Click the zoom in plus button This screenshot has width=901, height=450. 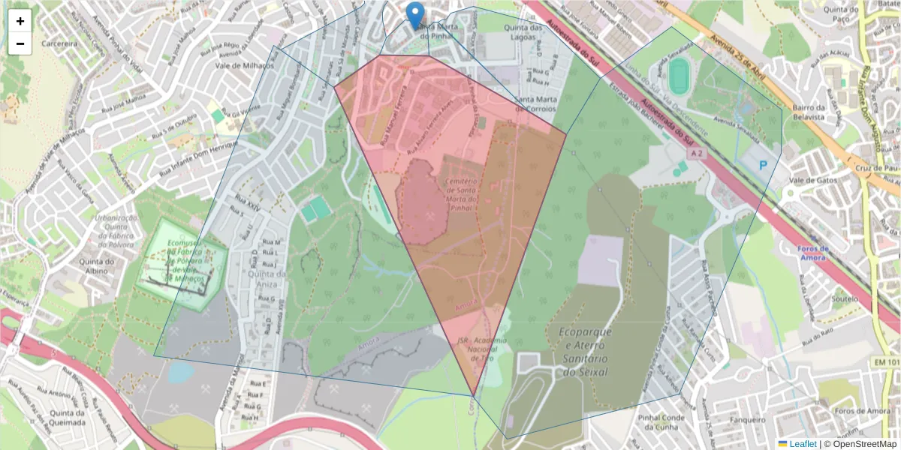[x=20, y=20]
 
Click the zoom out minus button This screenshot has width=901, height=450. [x=20, y=43]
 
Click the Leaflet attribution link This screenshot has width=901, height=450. [x=802, y=443]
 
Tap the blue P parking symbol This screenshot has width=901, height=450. [x=764, y=164]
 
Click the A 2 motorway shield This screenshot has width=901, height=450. [x=697, y=153]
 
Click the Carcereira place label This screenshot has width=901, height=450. [x=60, y=43]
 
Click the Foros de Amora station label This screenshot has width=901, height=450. [x=814, y=253]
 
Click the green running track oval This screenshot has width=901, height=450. [x=679, y=76]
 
